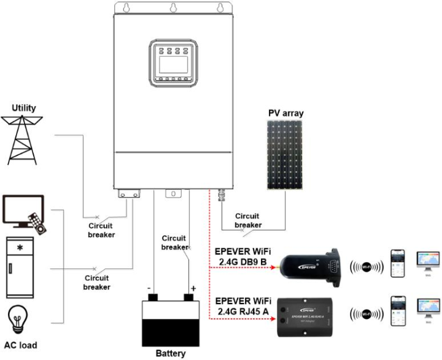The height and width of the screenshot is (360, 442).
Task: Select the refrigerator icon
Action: coord(22,267)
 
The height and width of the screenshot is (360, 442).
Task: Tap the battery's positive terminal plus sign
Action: coord(193,288)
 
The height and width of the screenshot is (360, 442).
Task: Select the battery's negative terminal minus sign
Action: coord(149,288)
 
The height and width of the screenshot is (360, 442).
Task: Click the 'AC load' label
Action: coord(20,345)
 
